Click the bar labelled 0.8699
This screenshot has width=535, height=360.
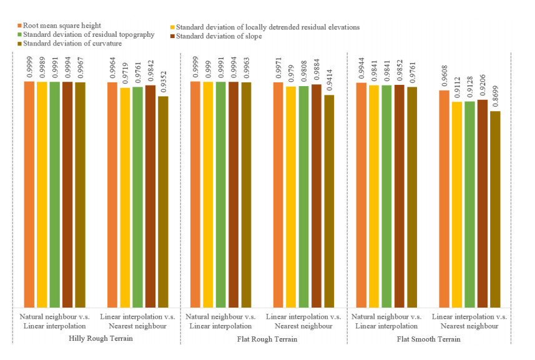[495, 208]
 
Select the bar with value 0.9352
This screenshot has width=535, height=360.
[163, 201]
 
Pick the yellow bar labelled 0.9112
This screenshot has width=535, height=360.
[457, 204]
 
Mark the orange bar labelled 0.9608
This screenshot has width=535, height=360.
[444, 198]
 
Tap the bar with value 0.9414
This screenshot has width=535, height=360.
[329, 200]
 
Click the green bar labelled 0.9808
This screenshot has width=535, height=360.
[304, 196]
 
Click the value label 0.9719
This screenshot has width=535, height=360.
[125, 73]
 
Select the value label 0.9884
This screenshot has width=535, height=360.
[317, 70]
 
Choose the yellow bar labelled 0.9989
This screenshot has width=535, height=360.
[42, 194]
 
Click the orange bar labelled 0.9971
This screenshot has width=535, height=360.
[278, 194]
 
